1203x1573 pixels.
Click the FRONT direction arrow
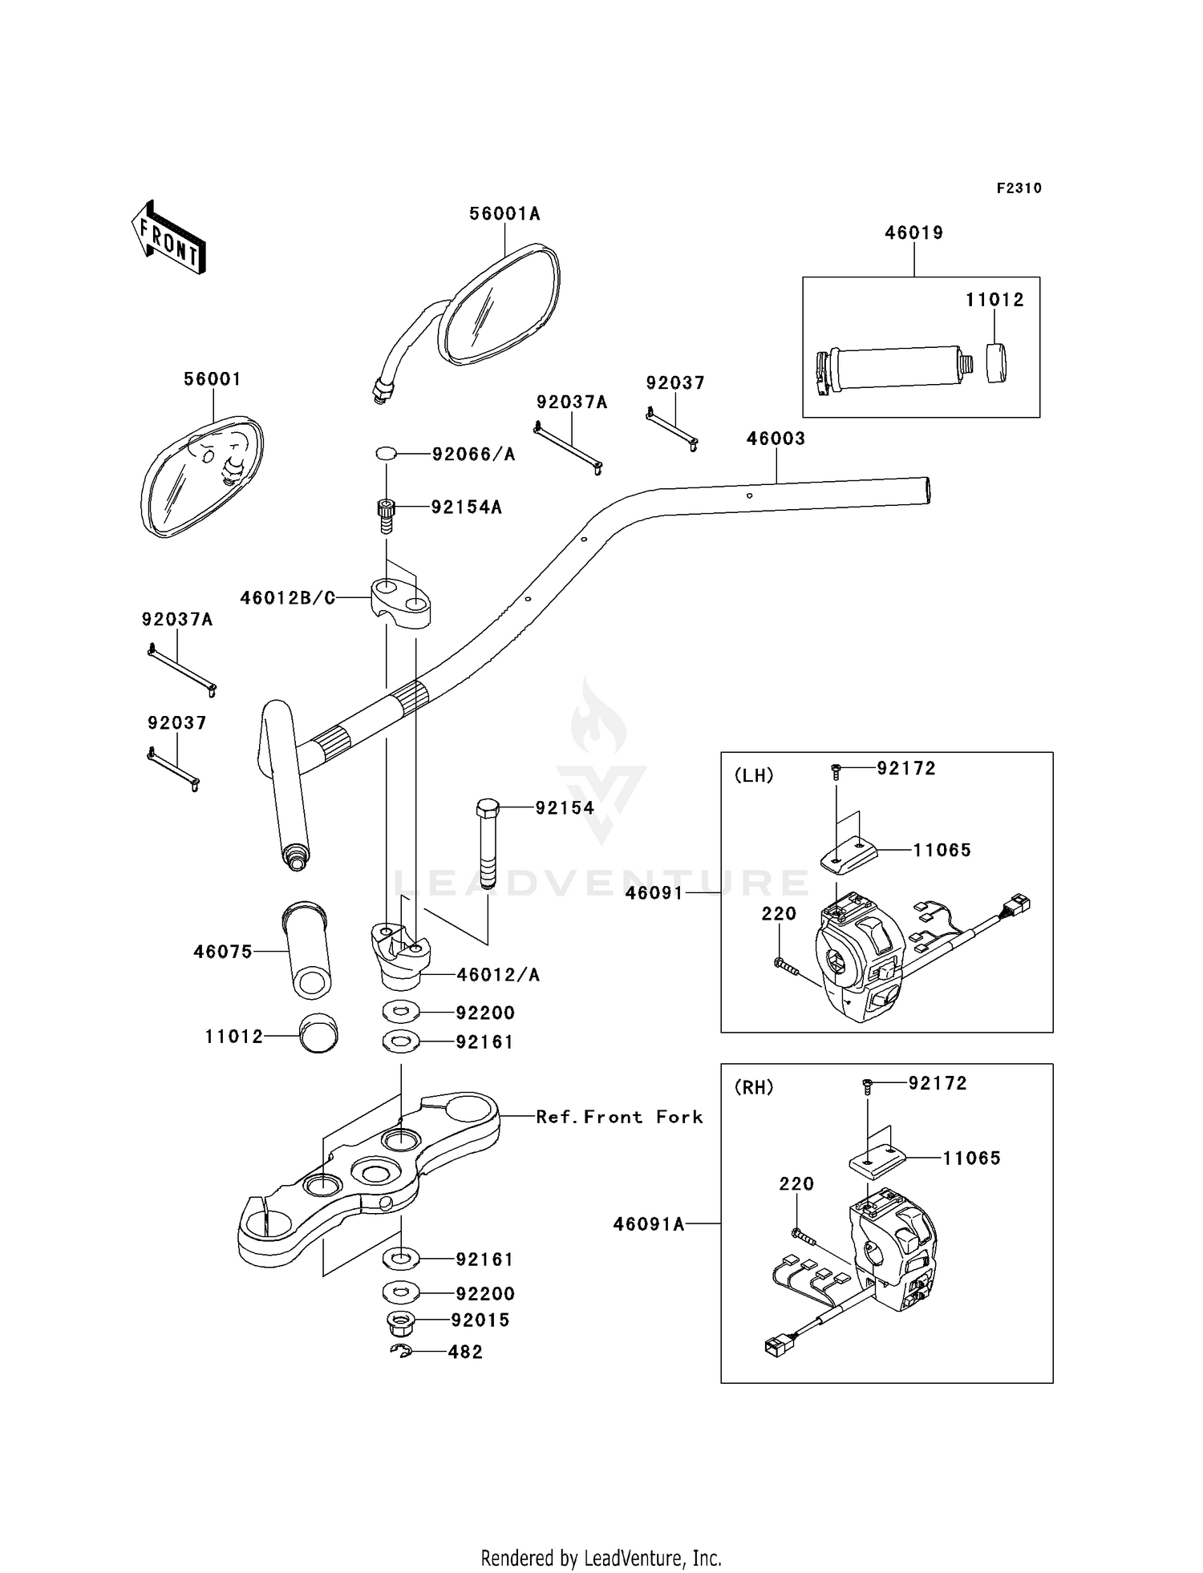[169, 239]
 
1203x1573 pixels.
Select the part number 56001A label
[504, 214]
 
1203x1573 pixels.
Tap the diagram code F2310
[1019, 188]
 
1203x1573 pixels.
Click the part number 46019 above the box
[913, 233]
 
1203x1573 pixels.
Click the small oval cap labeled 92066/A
[387, 454]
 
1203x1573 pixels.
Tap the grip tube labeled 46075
[306, 952]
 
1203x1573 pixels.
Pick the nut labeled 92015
[400, 1320]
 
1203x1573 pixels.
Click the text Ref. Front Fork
[619, 1117]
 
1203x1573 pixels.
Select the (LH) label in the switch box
[754, 775]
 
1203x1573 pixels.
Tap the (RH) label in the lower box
[754, 1087]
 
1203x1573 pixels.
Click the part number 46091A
[649, 1224]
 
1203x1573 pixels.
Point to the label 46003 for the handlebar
[776, 439]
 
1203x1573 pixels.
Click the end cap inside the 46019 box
[995, 363]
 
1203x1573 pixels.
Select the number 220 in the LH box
[779, 914]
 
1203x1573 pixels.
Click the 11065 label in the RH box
[971, 1158]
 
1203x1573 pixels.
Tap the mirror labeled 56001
[201, 476]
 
